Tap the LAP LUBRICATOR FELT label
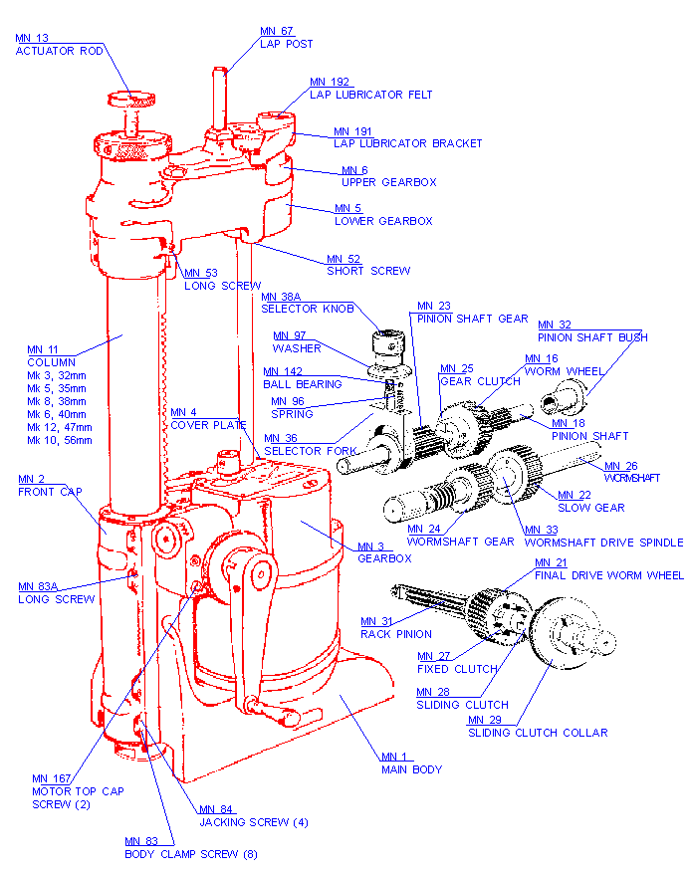coord(370,95)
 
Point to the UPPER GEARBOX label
coord(388,182)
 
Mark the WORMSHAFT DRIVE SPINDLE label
coord(603,543)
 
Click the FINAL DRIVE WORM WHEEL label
coord(608,575)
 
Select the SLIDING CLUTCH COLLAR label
coord(538,733)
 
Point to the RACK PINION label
coord(396,634)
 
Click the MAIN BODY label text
coord(411,769)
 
